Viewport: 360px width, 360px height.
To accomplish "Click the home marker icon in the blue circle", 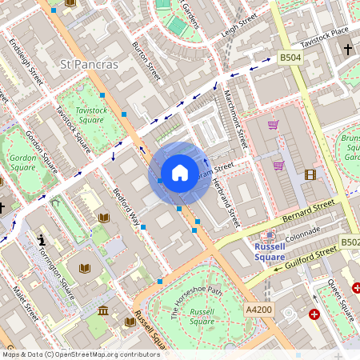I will click(x=180, y=173).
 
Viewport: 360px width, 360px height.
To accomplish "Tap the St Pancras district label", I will click(x=90, y=63).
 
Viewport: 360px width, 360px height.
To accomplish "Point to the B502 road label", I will click(x=350, y=242).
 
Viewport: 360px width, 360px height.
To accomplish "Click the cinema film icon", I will click(x=310, y=174).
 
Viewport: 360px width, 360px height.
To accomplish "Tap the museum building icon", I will click(x=103, y=310).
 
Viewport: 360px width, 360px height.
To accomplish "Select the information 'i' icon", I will click(x=42, y=240).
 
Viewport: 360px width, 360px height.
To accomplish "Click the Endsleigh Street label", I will click(x=26, y=59).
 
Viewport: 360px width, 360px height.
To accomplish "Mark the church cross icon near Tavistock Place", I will click(x=347, y=50).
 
